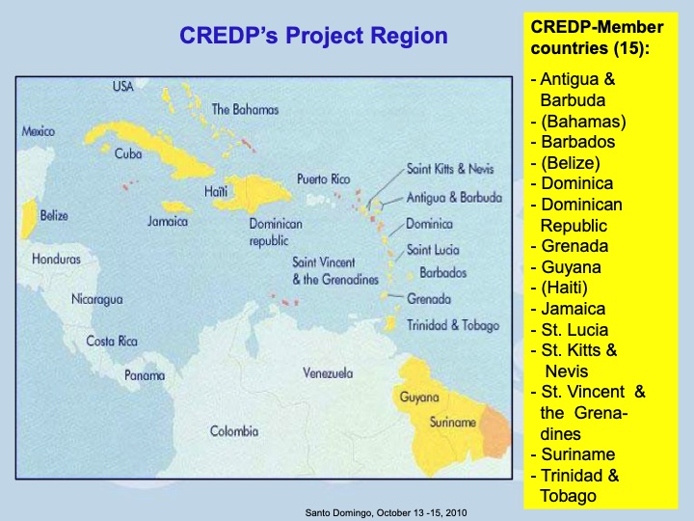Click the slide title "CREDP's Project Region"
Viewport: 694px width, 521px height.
[314, 37]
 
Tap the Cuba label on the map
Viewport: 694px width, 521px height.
[128, 154]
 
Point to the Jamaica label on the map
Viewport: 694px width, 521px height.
[168, 221]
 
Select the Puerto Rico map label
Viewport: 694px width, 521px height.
[324, 179]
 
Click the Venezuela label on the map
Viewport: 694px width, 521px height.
[328, 372]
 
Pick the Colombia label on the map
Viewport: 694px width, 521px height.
[234, 431]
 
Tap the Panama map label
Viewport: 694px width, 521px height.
[145, 375]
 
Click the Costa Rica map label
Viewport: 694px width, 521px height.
[112, 341]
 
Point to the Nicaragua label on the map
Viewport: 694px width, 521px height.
[97, 299]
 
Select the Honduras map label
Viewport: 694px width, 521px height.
[56, 259]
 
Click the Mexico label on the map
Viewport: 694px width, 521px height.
[39, 131]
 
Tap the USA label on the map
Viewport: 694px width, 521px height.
[122, 87]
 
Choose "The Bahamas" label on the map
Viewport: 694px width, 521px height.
[245, 109]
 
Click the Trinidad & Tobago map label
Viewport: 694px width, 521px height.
[453, 325]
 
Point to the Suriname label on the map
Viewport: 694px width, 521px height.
[452, 423]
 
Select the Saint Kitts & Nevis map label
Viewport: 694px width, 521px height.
[450, 169]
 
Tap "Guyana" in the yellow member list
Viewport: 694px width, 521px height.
[572, 267]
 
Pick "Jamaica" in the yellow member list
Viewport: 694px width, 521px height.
[574, 309]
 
